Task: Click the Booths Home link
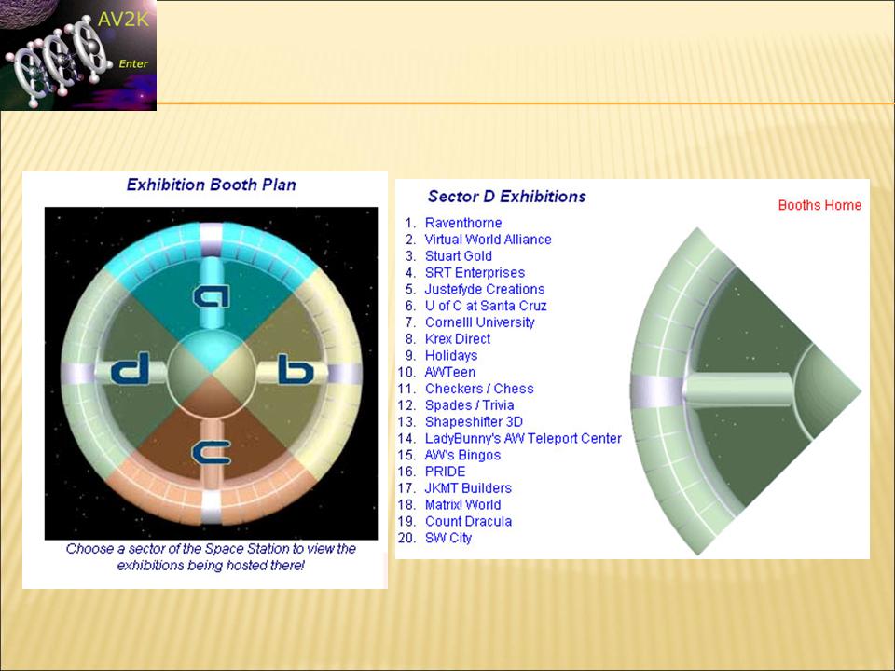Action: tap(819, 205)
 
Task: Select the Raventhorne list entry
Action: tap(463, 223)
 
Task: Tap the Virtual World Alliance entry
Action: tap(488, 240)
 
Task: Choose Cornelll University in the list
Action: tap(479, 322)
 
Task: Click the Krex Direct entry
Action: tap(457, 339)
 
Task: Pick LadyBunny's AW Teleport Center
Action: tap(523, 438)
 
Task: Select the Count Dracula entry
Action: tap(468, 521)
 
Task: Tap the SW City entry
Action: tap(448, 538)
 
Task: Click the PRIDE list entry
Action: tap(446, 472)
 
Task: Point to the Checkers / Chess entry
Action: tap(479, 389)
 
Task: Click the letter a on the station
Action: tap(212, 295)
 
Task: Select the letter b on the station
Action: tap(296, 369)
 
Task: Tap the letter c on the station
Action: tap(212, 453)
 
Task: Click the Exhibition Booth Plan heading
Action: tap(212, 185)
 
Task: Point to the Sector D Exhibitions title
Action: tap(507, 197)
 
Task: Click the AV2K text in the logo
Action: tap(123, 20)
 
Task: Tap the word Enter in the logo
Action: tap(133, 63)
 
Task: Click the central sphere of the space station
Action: tap(212, 373)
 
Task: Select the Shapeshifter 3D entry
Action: tap(474, 421)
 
